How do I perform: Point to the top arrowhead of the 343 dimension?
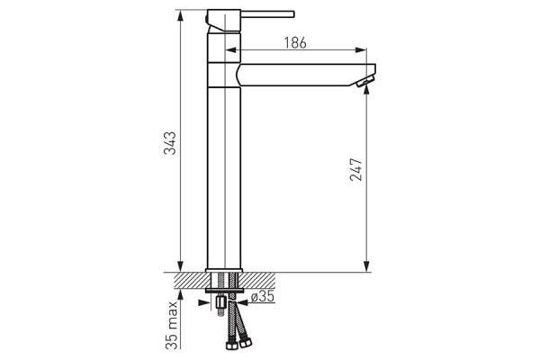click(180, 16)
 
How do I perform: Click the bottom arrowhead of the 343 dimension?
click(180, 266)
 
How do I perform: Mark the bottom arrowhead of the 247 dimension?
click(367, 266)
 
